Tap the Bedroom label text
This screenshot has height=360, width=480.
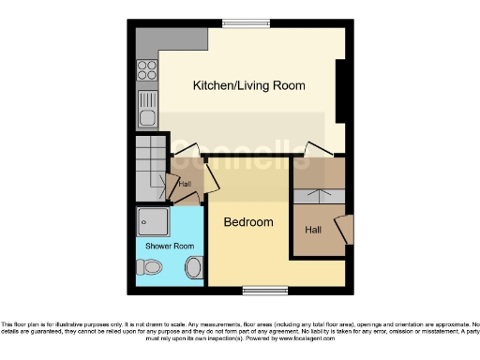click(248, 222)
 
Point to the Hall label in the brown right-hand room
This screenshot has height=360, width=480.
click(313, 228)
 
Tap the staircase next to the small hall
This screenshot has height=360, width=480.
click(149, 167)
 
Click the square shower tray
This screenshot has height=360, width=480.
click(152, 221)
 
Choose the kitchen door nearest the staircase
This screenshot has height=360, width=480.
click(187, 149)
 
